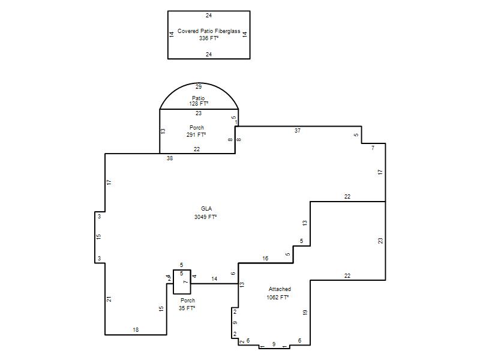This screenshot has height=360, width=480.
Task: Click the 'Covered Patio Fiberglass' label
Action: coord(209,31)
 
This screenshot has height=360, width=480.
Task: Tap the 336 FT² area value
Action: coord(209,38)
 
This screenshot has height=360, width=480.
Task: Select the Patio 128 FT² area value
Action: coord(199,104)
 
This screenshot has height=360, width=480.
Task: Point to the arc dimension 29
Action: coord(199,87)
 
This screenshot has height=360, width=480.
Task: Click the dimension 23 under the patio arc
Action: coord(199,113)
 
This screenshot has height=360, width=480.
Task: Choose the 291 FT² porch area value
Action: coord(196,134)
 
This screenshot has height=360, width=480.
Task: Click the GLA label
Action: coord(206,208)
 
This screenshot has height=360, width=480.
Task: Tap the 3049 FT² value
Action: coord(205,217)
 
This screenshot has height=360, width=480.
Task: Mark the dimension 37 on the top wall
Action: coord(298,131)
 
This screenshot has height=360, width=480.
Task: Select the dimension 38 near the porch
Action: coord(170,158)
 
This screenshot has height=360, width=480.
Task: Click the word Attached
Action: coord(280,289)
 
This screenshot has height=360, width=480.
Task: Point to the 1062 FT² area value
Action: coord(278,297)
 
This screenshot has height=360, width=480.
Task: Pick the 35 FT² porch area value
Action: coord(187,308)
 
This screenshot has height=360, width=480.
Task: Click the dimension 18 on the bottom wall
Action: coord(136,330)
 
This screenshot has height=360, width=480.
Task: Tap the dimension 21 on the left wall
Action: coord(109,299)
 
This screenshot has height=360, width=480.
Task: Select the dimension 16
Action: coord(265,259)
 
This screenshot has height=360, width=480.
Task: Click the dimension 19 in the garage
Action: coord(305,313)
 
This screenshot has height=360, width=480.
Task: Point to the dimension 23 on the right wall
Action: coord(380,241)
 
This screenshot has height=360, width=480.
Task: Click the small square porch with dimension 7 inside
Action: coord(182,282)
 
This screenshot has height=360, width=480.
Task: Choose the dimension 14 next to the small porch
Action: coord(214,279)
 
